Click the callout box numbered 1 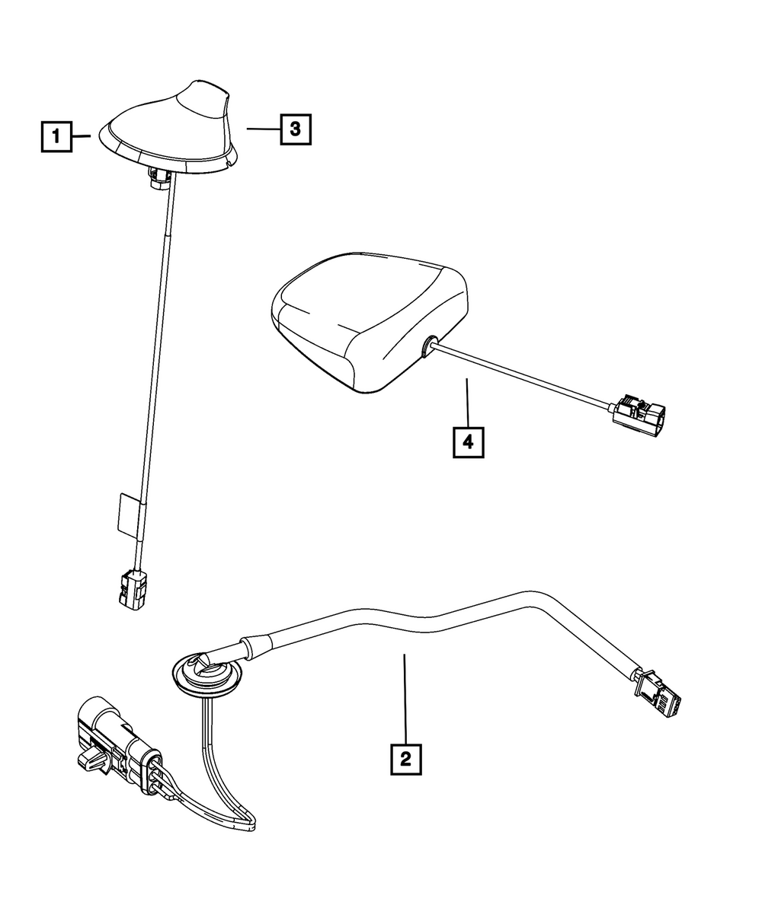(56, 137)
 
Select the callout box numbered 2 (405, 758)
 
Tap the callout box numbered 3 (296, 129)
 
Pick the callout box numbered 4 (468, 441)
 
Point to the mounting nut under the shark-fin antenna (160, 179)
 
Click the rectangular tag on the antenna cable (128, 514)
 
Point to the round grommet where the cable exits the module (429, 347)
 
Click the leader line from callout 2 (405, 696)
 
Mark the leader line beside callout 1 (82, 137)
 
